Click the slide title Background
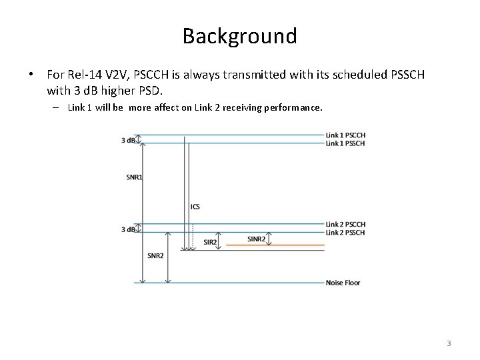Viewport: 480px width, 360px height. (240, 35)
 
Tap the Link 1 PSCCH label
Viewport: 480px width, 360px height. (345, 135)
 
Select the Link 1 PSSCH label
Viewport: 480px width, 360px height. (345, 143)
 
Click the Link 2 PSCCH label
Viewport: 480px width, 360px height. (345, 224)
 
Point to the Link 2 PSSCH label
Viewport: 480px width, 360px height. (345, 233)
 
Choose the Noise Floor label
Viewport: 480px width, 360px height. (343, 283)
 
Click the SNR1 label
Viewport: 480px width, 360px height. (133, 177)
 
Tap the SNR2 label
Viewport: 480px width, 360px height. (155, 255)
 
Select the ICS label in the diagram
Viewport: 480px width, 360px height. (195, 207)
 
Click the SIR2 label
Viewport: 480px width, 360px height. (209, 242)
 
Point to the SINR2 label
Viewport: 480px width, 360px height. (257, 239)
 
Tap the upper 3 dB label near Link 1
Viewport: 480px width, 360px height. (128, 140)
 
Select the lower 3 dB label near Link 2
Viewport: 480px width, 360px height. (128, 229)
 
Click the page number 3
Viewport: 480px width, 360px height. (449, 343)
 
